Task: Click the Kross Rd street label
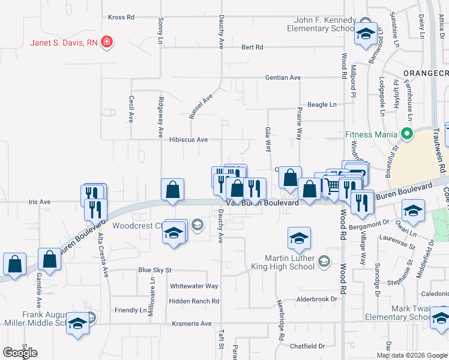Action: click(x=120, y=17)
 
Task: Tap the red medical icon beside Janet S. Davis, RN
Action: click(x=107, y=43)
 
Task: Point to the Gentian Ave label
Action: click(x=283, y=77)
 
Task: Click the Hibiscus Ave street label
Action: click(x=188, y=140)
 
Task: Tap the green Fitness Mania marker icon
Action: click(x=408, y=133)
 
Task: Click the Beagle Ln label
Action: click(x=322, y=104)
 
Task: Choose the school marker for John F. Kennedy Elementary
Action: click(x=365, y=34)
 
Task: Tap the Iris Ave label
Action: click(x=40, y=202)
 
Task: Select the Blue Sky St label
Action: click(x=155, y=271)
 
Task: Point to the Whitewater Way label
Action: click(x=194, y=286)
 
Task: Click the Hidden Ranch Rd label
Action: click(x=194, y=301)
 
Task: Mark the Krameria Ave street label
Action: click(x=192, y=323)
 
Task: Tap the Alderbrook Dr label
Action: click(x=318, y=299)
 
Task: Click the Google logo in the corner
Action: click(x=20, y=353)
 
